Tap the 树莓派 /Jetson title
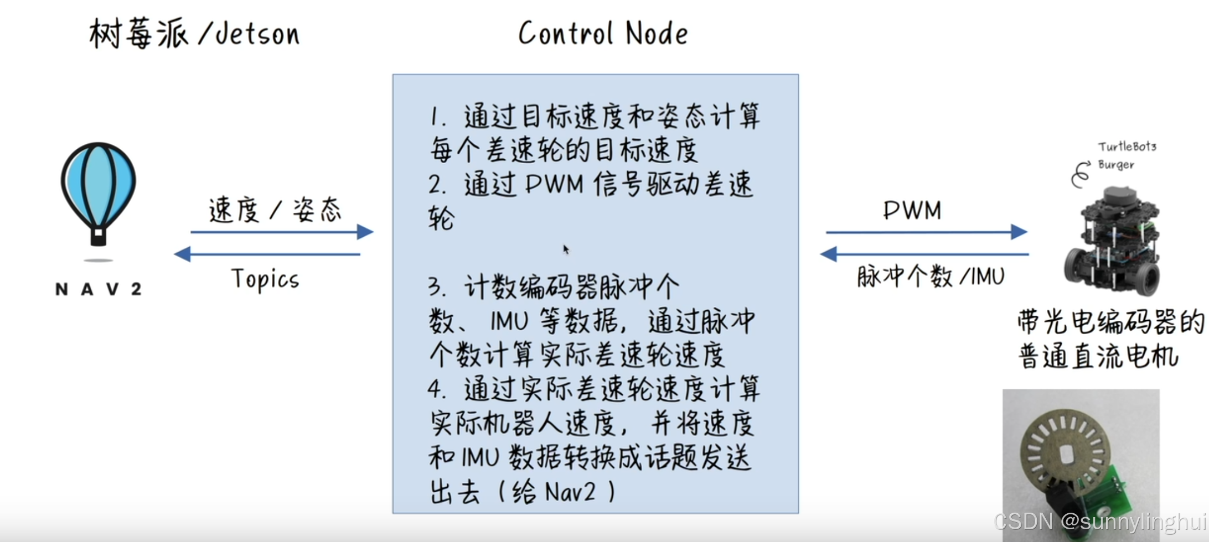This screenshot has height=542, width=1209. (x=194, y=33)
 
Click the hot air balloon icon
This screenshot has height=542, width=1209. (x=99, y=194)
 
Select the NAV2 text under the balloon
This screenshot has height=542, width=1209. (x=99, y=289)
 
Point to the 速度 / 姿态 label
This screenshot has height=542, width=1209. (x=275, y=210)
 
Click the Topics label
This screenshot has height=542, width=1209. (x=265, y=279)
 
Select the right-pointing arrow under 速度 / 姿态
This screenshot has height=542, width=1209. (x=282, y=232)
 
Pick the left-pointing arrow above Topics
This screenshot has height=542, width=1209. (x=267, y=254)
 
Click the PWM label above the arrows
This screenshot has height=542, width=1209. (x=912, y=210)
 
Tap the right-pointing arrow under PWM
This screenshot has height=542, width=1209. (x=926, y=232)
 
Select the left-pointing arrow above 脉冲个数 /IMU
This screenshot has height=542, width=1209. (x=924, y=254)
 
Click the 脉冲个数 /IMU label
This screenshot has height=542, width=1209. (x=931, y=276)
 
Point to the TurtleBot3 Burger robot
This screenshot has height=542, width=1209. (x=1113, y=241)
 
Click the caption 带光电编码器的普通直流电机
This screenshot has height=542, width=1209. (x=1110, y=338)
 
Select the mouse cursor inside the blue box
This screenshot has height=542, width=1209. (x=565, y=249)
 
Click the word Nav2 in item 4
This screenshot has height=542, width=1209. (x=570, y=492)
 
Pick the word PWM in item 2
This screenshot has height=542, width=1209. (x=554, y=184)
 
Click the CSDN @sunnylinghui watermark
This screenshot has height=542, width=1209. (x=1100, y=522)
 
